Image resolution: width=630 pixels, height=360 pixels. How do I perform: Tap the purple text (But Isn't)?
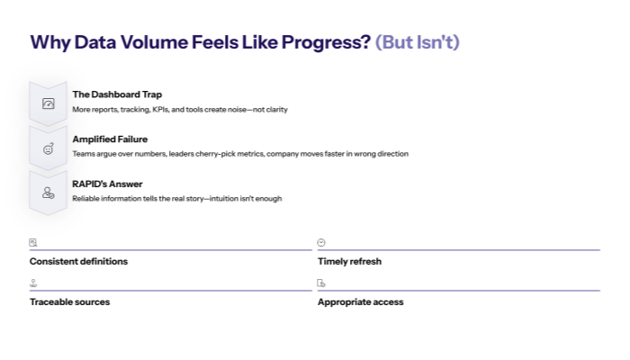coord(417,42)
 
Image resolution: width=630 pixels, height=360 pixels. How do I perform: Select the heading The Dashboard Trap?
coord(117,94)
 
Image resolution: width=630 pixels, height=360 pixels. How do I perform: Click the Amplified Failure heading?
coord(110,139)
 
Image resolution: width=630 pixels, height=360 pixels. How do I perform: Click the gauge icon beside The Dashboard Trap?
coord(49,104)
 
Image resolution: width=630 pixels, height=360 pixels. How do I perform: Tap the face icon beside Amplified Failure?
coord(49,148)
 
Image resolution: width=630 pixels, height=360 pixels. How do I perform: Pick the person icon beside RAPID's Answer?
coord(49,193)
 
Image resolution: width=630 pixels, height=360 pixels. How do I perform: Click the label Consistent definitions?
coord(78,262)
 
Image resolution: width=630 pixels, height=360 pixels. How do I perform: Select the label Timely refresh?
coord(349,262)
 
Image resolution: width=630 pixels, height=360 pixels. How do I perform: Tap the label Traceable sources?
coord(69,302)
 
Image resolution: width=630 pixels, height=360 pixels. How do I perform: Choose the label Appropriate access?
coord(360,302)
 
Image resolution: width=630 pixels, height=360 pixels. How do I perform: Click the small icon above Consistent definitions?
coord(33,242)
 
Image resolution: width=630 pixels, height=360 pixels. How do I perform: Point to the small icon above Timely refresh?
coord(321,242)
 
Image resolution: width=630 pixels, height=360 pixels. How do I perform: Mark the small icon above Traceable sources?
coord(33,283)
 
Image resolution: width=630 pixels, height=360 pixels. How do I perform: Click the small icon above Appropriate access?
coord(321,283)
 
